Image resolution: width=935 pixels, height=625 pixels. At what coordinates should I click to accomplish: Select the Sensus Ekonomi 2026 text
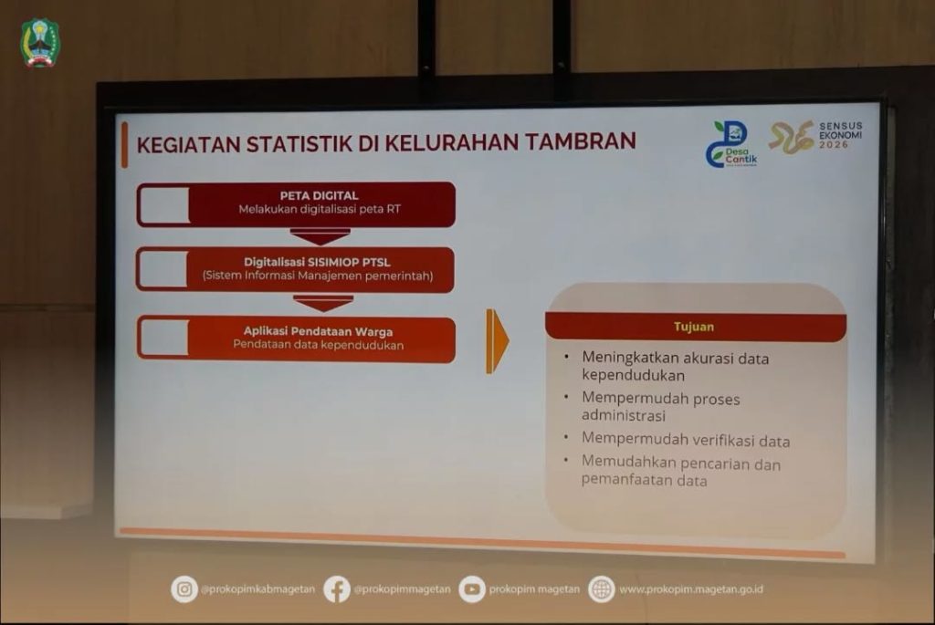click(x=840, y=135)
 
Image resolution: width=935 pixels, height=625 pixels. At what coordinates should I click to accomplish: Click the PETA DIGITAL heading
click(x=319, y=195)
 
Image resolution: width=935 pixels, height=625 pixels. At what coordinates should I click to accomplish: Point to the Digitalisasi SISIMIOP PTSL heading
click(x=317, y=262)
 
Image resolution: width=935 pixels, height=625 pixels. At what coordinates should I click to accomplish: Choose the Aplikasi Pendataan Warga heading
click(x=318, y=331)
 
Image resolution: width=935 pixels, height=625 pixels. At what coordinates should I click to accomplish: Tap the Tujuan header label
click(x=694, y=327)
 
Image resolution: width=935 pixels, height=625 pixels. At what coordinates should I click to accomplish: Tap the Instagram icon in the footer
click(x=184, y=589)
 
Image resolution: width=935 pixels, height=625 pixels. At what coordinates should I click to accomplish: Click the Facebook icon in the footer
click(x=337, y=589)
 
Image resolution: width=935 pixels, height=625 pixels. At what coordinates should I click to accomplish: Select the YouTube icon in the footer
click(x=472, y=589)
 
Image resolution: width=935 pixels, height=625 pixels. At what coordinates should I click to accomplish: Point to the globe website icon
click(x=602, y=589)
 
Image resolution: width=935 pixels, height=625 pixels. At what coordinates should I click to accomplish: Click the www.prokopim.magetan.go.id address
click(x=691, y=589)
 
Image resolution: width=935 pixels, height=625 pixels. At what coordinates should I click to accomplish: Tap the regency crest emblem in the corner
click(x=40, y=43)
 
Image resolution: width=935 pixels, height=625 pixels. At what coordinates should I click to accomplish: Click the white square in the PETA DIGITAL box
click(x=163, y=205)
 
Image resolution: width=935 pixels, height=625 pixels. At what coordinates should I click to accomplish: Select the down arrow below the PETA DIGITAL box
click(x=320, y=236)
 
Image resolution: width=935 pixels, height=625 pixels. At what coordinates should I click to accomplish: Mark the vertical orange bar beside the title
click(x=124, y=145)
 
